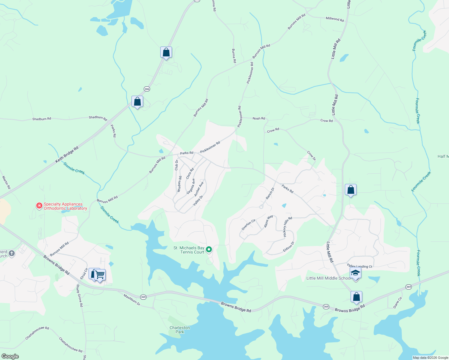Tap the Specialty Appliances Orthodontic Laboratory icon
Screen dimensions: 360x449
[39, 205]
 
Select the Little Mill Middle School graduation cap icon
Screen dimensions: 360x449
[355, 273]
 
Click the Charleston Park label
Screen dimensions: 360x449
[179, 330]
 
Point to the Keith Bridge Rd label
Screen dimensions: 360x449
[67, 154]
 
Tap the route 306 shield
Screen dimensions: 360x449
[147, 89]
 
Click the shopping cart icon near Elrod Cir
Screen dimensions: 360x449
[100, 274]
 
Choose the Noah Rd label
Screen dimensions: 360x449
[259, 118]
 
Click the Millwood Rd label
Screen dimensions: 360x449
[335, 19]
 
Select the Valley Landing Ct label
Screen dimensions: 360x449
[359, 266]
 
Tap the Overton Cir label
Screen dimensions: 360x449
[249, 225]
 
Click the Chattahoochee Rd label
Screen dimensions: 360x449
[37, 333]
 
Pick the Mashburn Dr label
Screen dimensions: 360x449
[132, 300]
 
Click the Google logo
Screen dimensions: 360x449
[10, 356]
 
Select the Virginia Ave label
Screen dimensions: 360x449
[191, 186]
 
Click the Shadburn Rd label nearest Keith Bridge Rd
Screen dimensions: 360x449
[98, 118]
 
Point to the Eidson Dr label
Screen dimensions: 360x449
[288, 247]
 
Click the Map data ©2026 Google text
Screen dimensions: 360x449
[430, 358]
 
